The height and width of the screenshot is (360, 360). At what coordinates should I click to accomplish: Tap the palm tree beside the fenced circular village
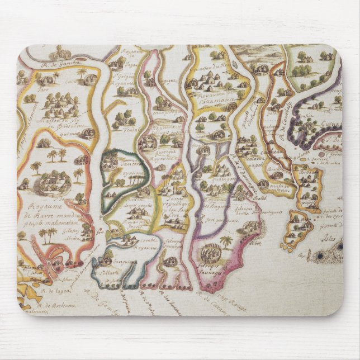click(x=226, y=242)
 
